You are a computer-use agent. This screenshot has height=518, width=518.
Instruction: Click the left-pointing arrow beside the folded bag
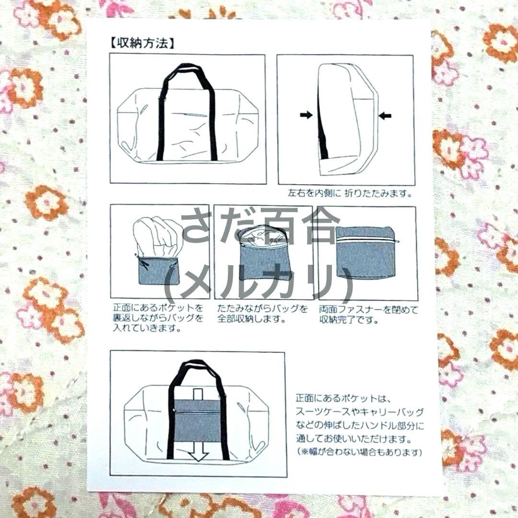click(x=385, y=116)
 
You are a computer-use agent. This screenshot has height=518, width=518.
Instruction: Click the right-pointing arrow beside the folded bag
click(x=306, y=115)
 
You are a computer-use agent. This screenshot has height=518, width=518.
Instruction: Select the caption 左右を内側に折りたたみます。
click(x=350, y=193)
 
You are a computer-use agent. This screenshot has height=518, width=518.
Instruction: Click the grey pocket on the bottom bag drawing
click(x=197, y=420)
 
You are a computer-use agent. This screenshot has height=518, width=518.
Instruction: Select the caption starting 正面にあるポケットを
click(x=158, y=318)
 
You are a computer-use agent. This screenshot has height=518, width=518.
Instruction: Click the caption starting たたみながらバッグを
click(x=262, y=314)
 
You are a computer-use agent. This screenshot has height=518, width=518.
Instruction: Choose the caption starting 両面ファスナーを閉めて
click(x=368, y=315)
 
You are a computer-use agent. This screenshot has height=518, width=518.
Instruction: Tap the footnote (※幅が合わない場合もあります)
click(x=359, y=452)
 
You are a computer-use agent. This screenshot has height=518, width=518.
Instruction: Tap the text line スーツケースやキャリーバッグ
click(x=359, y=412)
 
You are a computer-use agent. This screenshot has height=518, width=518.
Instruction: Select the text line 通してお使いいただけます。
click(x=354, y=439)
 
